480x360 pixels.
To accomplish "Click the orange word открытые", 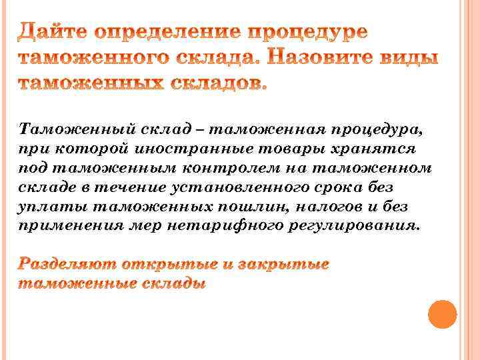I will click(165, 264).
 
